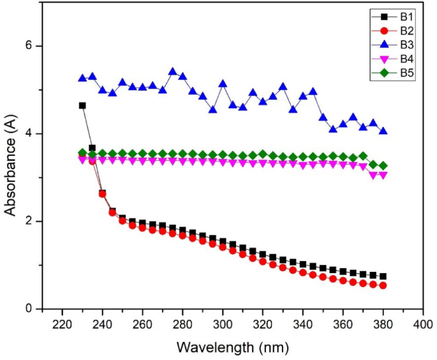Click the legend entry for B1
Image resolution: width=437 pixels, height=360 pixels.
tap(392, 17)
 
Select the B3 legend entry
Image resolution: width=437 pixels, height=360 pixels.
tap(392, 45)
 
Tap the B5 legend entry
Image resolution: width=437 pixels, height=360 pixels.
tap(392, 73)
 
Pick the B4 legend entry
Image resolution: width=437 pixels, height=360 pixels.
tap(392, 59)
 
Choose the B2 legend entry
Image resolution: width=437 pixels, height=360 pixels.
tap(392, 31)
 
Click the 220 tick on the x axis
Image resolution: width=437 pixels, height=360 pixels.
tap(63, 325)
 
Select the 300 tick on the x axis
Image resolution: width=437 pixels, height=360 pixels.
tap(223, 325)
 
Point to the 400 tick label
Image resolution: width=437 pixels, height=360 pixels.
tap(423, 325)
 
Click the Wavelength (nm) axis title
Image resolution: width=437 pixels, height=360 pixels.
tap(233, 348)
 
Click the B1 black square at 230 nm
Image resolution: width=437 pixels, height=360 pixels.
tap(82, 106)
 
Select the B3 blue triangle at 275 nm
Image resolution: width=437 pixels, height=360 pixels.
tap(172, 71)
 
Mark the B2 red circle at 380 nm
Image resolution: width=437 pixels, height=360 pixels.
tap(383, 285)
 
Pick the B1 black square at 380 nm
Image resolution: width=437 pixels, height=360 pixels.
tap(383, 276)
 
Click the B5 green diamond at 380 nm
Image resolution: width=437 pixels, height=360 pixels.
tap(383, 166)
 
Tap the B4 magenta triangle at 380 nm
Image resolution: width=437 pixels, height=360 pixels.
tap(383, 176)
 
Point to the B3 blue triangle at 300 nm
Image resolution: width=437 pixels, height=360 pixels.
tap(223, 84)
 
